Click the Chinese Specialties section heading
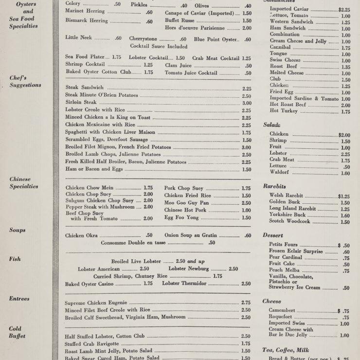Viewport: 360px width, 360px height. (x=23, y=182)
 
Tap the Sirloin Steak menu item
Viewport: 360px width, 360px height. (x=81, y=103)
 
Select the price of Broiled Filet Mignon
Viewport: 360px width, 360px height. (x=246, y=147)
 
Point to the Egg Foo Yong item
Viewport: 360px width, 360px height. (x=181, y=217)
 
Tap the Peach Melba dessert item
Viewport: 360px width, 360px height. (x=283, y=270)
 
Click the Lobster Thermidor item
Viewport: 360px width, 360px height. (x=185, y=284)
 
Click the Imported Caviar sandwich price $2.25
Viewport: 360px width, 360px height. (x=344, y=9)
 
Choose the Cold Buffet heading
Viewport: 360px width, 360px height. (x=18, y=332)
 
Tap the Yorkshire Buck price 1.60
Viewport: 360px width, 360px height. (x=345, y=216)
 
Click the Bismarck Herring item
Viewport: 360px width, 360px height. (x=87, y=21)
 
